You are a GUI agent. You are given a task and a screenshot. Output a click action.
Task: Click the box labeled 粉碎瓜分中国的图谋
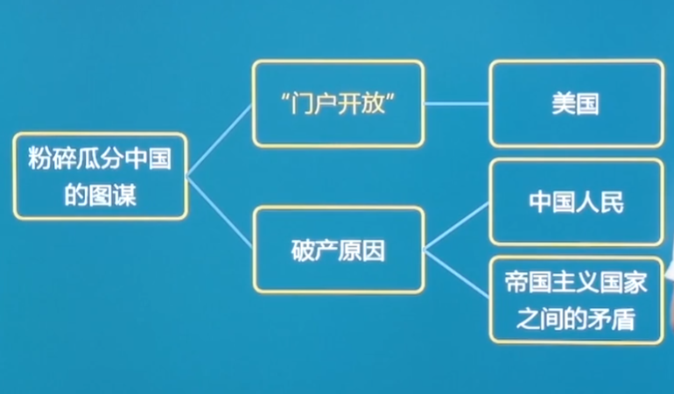coord(101,176)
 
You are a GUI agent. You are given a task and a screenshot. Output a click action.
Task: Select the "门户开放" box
coord(338,102)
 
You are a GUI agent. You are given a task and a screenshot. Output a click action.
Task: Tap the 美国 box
coord(575,103)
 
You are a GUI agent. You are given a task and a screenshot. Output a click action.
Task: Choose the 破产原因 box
coord(338,250)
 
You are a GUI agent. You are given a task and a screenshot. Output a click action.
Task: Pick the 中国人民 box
coord(575,202)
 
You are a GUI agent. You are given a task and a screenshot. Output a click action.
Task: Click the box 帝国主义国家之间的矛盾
coord(575,300)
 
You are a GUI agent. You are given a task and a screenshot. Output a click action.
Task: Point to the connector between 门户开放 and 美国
coord(456,103)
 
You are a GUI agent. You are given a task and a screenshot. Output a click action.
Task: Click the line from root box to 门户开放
coord(220,140)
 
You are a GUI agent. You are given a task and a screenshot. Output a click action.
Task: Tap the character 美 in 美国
coord(563,103)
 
